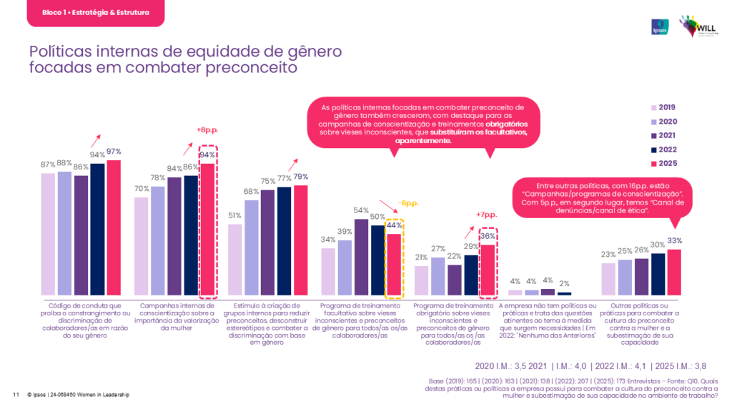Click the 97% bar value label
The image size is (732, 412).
tap(114, 152)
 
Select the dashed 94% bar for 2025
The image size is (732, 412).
tap(207, 230)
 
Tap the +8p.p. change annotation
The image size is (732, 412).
tap(207, 129)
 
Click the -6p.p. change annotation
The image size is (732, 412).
tap(408, 202)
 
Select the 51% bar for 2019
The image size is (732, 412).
tap(235, 260)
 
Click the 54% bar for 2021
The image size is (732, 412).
tap(361, 257)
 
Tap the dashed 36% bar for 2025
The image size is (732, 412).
tap(487, 270)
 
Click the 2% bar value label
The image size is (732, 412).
tap(564, 284)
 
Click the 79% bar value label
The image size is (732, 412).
tap(301, 177)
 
